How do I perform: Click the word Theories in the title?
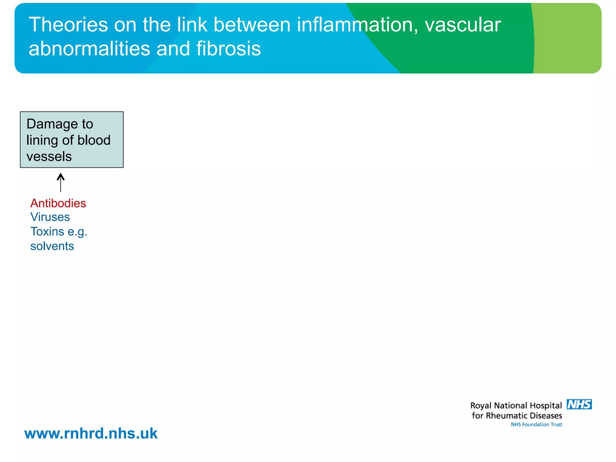[x=68, y=25]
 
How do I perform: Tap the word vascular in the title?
[x=463, y=25]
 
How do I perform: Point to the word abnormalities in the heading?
[x=89, y=49]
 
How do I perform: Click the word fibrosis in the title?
[x=229, y=49]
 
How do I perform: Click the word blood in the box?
[x=94, y=140]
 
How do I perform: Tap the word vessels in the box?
[x=49, y=157]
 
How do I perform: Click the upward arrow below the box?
[x=61, y=182]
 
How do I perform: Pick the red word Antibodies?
[x=58, y=203]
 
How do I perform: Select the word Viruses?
[x=50, y=217]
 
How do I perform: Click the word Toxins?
[x=47, y=232]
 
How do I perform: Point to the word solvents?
[x=52, y=246]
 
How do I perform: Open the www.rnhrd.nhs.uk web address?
[x=91, y=433]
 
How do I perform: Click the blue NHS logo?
[x=579, y=405]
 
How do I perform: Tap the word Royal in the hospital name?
[x=481, y=406]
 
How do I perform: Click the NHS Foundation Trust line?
[x=536, y=424]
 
